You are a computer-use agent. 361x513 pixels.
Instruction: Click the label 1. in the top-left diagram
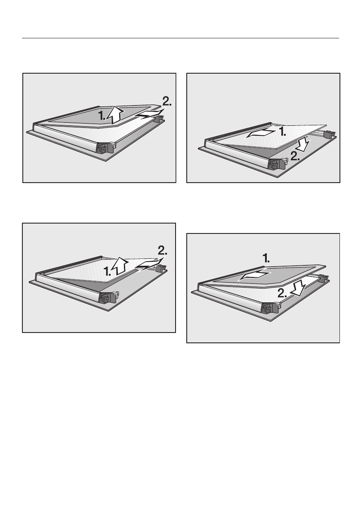coord(102,115)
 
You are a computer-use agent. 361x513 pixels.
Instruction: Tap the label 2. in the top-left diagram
coord(167,101)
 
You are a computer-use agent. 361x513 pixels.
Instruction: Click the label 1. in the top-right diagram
coord(283,132)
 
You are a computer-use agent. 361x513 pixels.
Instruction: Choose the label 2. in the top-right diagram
coord(295,156)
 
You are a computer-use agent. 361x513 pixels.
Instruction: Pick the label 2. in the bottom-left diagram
coord(163,251)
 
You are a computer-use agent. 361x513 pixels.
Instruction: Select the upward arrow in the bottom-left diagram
coord(120,266)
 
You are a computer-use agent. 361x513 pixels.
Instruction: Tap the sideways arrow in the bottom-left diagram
coord(149,266)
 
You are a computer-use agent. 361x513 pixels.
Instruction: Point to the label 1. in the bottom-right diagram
coord(266,259)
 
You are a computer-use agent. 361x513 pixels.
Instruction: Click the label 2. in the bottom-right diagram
coord(282,293)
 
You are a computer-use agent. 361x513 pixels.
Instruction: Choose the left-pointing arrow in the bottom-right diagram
coord(254,276)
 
